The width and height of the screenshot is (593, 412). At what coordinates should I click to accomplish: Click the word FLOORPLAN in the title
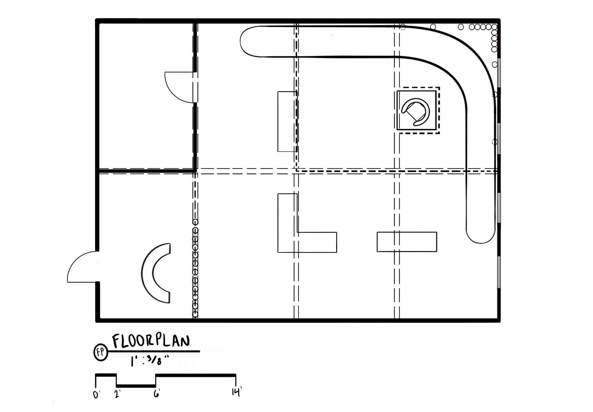pyautogui.click(x=151, y=341)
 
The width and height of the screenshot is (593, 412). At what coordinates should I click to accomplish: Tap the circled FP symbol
pyautogui.click(x=100, y=352)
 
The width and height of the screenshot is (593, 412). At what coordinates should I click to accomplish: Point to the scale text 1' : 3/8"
pyautogui.click(x=150, y=360)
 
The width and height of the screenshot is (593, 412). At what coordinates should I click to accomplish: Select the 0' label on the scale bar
pyautogui.click(x=96, y=395)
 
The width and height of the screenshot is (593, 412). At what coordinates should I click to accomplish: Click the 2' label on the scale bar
pyautogui.click(x=117, y=394)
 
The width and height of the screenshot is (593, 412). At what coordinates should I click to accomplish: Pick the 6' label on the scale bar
pyautogui.click(x=157, y=393)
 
